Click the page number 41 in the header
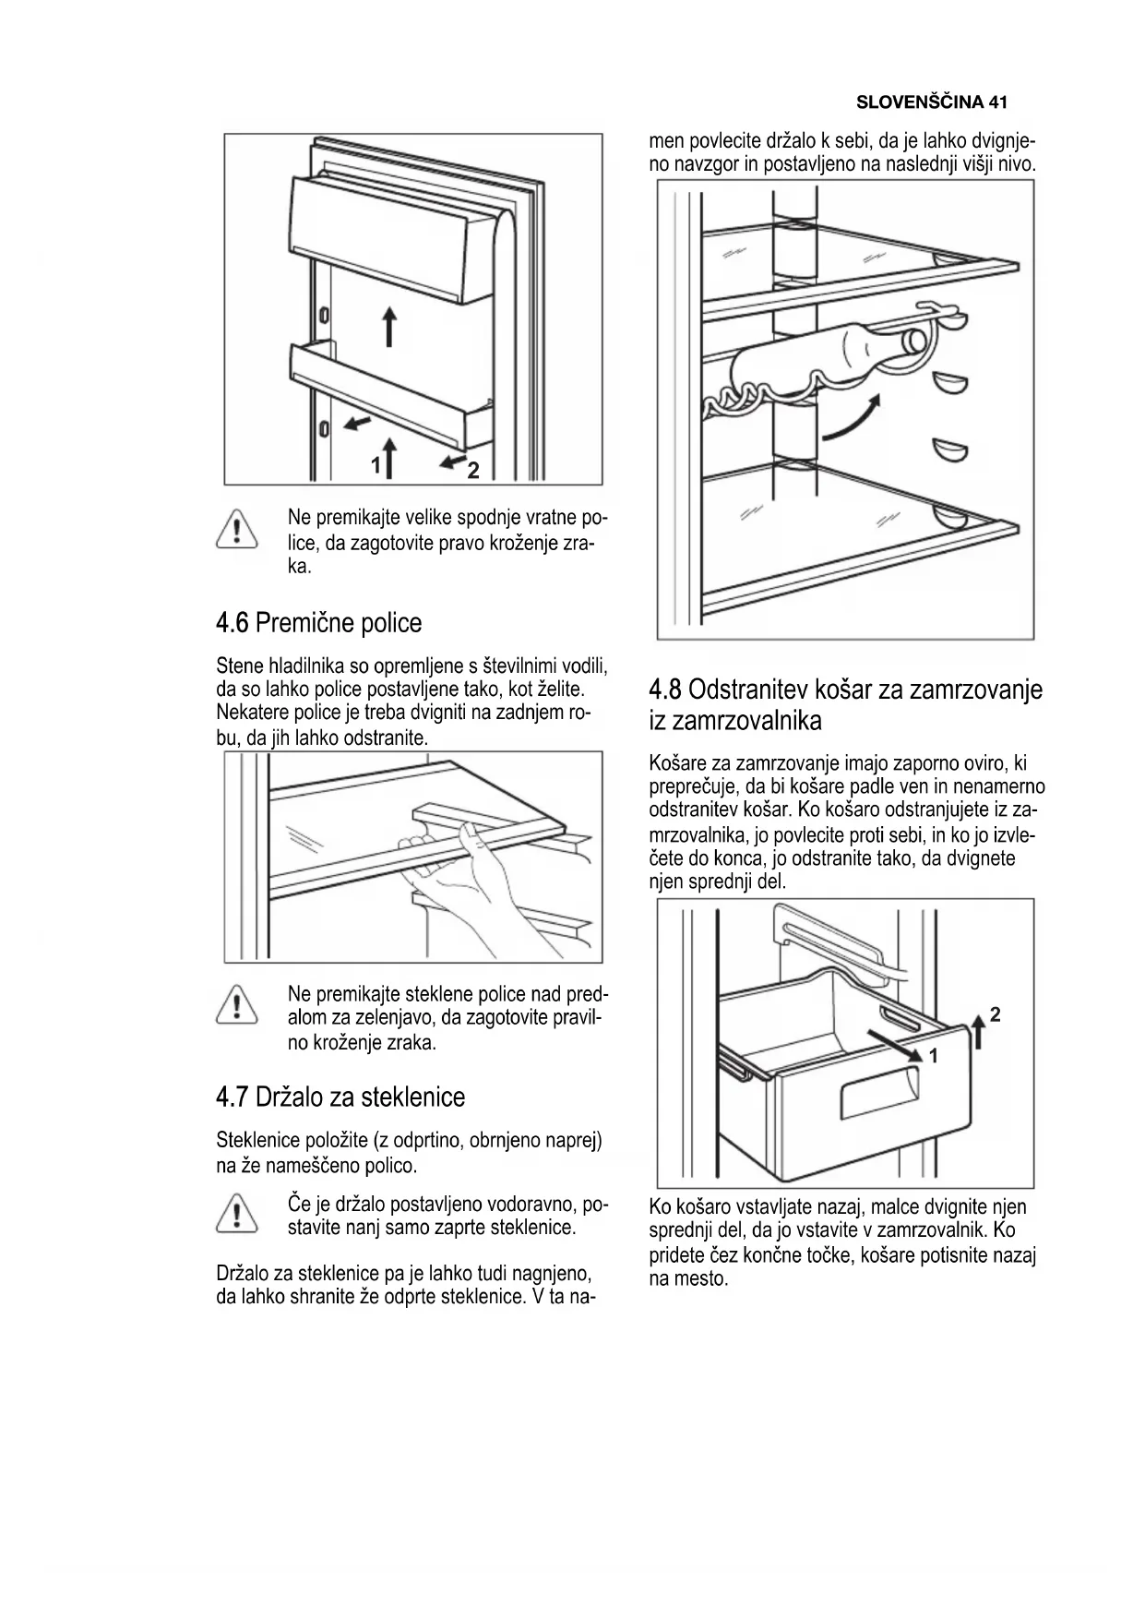pyautogui.click(x=996, y=102)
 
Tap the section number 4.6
pyautogui.click(x=232, y=623)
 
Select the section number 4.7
pyautogui.click(x=232, y=1097)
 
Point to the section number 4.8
pyautogui.click(x=665, y=690)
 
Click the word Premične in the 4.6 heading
pyautogui.click(x=304, y=623)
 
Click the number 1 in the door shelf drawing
pyautogui.click(x=376, y=466)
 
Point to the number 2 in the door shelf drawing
pyautogui.click(x=473, y=471)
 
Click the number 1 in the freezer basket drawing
pyautogui.click(x=933, y=1056)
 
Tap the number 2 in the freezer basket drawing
pyautogui.click(x=995, y=1014)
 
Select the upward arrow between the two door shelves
pyautogui.click(x=389, y=326)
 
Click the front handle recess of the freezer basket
pyautogui.click(x=879, y=1096)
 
